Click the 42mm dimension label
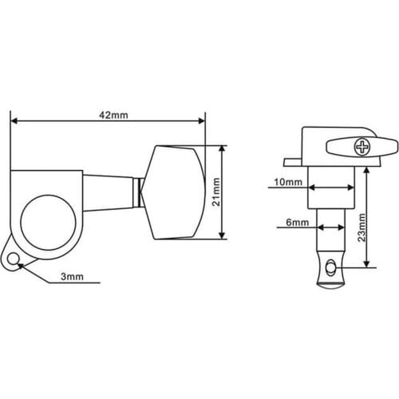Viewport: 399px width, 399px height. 113,115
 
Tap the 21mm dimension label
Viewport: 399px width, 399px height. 216,192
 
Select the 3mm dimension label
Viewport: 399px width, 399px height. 72,277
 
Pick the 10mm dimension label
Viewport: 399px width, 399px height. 288,182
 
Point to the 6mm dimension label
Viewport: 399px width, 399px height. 298,222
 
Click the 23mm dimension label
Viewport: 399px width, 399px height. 361,227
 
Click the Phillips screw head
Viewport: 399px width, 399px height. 361,148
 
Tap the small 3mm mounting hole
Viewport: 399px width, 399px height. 13,259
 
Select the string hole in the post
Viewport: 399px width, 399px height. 330,267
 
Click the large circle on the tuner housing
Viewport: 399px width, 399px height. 48,223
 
